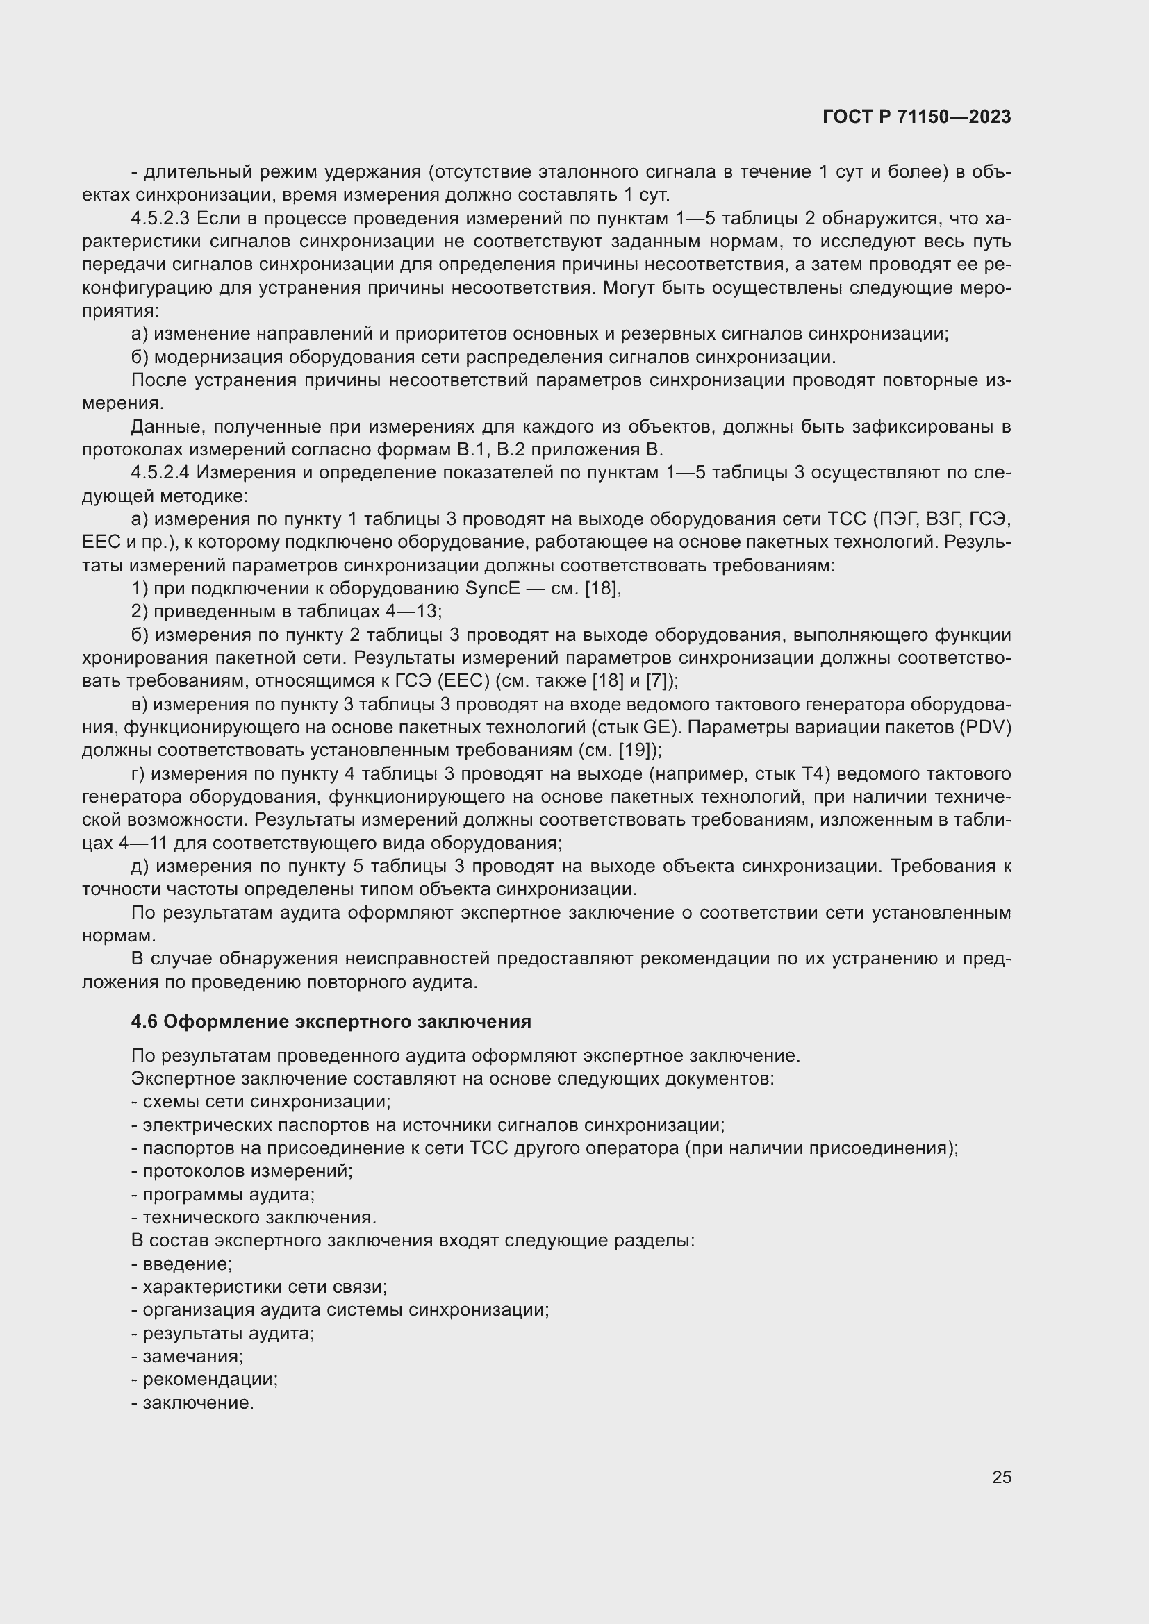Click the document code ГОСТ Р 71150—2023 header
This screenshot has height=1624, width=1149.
point(917,117)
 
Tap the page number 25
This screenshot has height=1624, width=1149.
point(1001,1477)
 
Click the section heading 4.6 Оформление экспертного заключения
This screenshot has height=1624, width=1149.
point(331,1021)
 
